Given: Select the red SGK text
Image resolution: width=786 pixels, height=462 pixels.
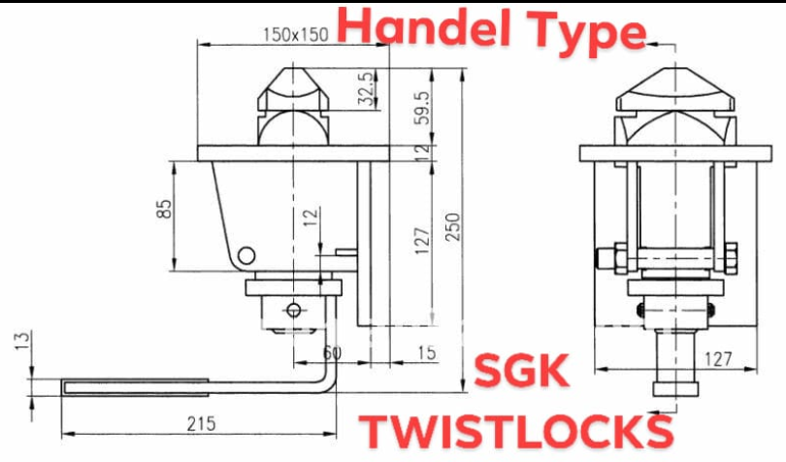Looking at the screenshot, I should pyautogui.click(x=522, y=371).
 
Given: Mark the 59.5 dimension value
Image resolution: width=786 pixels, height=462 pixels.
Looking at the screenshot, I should pyautogui.click(x=420, y=108).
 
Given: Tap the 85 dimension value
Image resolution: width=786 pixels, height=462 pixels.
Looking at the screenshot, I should pyautogui.click(x=164, y=208).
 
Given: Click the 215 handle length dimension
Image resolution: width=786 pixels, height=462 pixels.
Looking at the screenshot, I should pyautogui.click(x=200, y=424).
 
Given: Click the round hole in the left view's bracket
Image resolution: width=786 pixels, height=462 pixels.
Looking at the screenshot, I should pyautogui.click(x=247, y=255).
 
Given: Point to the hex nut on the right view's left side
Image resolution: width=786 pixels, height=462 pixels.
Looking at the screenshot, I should pyautogui.click(x=608, y=257).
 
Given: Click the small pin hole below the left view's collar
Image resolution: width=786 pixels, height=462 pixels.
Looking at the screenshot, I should pyautogui.click(x=293, y=311).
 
